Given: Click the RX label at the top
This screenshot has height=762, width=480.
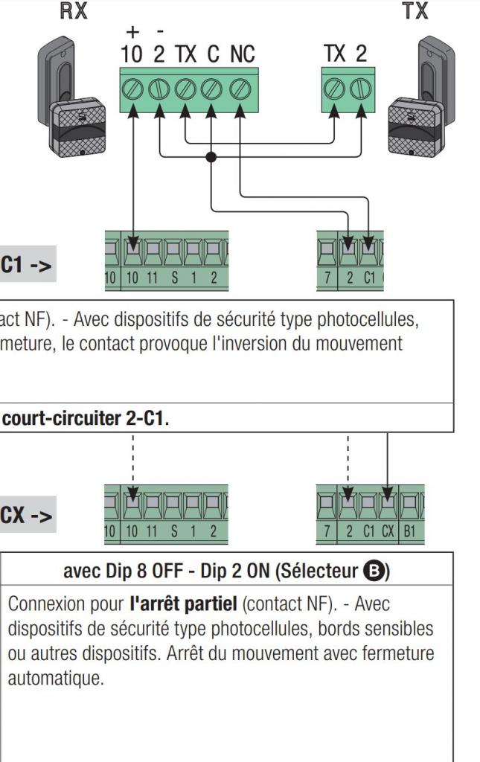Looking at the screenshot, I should (x=73, y=11).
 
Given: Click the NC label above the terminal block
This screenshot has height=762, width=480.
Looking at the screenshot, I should (x=241, y=54).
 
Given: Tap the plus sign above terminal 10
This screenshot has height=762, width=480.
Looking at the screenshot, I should (x=132, y=32).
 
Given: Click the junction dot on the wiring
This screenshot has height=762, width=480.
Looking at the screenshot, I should (x=211, y=156).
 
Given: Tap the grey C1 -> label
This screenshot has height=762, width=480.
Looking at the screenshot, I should (x=26, y=266).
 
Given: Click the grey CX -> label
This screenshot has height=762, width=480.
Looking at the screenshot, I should (x=26, y=516).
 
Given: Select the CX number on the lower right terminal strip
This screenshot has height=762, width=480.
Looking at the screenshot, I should (x=387, y=531).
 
